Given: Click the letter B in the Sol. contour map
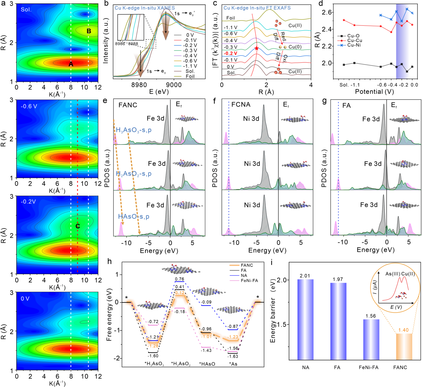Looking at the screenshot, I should pos(89,31).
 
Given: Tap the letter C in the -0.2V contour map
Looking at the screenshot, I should pos(78,226).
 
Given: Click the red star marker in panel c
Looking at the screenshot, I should pos(257,49).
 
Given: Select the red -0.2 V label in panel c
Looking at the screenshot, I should pos(230,54).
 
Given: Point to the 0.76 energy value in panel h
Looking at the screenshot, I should pos(180,279).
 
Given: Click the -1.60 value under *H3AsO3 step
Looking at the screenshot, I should pos(153,356).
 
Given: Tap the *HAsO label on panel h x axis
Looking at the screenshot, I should pos(207,364).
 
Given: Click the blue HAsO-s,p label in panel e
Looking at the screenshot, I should pos(134,216).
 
